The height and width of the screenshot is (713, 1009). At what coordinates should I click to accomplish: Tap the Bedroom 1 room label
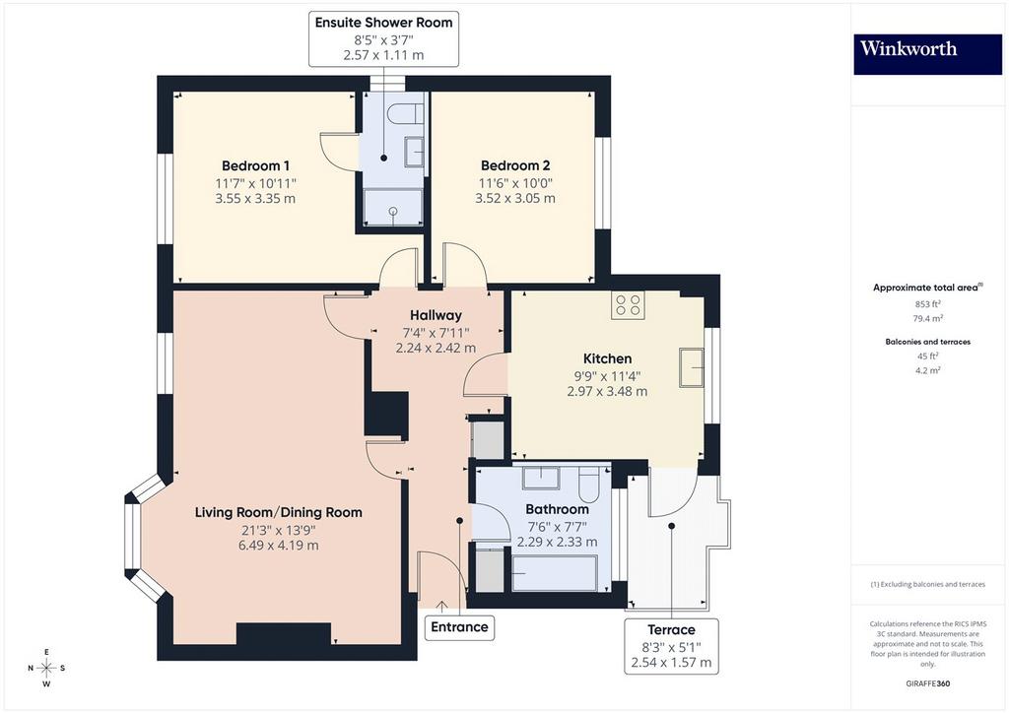pyautogui.click(x=255, y=165)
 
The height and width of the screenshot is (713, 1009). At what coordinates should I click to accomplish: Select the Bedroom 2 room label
pyautogui.click(x=515, y=165)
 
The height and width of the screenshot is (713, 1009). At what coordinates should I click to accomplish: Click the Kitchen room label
pyautogui.click(x=607, y=358)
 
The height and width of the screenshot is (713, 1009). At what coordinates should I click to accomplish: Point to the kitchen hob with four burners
pyautogui.click(x=628, y=304)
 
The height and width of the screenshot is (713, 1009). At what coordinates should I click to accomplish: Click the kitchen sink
pyautogui.click(x=691, y=367)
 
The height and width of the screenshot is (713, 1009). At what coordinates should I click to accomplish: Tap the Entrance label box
pyautogui.click(x=459, y=627)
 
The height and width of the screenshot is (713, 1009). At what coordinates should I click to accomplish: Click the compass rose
pyautogui.click(x=46, y=668)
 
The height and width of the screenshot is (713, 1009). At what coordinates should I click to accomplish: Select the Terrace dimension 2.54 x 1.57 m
pyautogui.click(x=671, y=662)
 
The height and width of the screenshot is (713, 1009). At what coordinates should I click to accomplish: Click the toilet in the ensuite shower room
pyautogui.click(x=406, y=113)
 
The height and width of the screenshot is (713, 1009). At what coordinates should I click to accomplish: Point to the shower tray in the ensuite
pyautogui.click(x=393, y=207)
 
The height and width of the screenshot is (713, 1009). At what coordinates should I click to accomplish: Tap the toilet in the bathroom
pyautogui.click(x=589, y=485)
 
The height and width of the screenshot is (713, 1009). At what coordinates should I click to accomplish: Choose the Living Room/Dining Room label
pyautogui.click(x=279, y=512)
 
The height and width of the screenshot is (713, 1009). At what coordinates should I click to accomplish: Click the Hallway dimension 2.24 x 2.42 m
pyautogui.click(x=436, y=348)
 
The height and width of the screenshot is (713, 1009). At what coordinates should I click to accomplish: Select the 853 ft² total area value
pyautogui.click(x=928, y=304)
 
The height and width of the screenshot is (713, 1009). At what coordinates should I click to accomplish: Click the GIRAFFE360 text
pyautogui.click(x=928, y=683)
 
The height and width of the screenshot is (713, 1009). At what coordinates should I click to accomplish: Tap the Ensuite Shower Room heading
pyautogui.click(x=383, y=23)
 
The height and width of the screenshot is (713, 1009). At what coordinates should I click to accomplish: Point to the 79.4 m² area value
pyautogui.click(x=927, y=318)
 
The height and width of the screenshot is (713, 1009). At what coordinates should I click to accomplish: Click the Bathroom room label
pyautogui.click(x=558, y=509)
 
